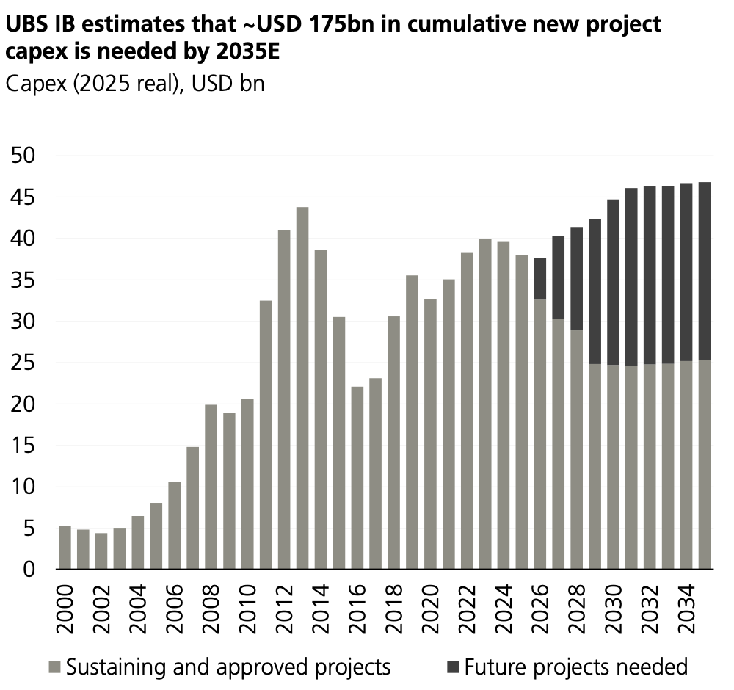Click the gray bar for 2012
pyautogui.click(x=284, y=399)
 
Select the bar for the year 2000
pyautogui.click(x=65, y=548)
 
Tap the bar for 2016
pyautogui.click(x=357, y=478)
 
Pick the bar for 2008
pyautogui.click(x=211, y=487)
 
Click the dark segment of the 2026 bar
pyautogui.click(x=540, y=279)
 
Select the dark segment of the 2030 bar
pyautogui.click(x=613, y=283)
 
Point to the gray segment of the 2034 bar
pyautogui.click(x=686, y=465)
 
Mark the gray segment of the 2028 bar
pyautogui.click(x=577, y=450)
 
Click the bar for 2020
pyautogui.click(x=430, y=435)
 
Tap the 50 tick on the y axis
pyautogui.click(x=23, y=156)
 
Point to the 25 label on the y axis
pyautogui.click(x=23, y=363)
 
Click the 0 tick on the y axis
pyautogui.click(x=29, y=570)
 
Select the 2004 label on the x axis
pyautogui.click(x=138, y=609)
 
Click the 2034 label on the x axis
pyautogui.click(x=687, y=609)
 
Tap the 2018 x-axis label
pyautogui.click(x=394, y=609)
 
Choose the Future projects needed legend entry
pyautogui.click(x=567, y=667)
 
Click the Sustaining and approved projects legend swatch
pyautogui.click(x=55, y=667)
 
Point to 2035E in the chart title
pyautogui.click(x=248, y=51)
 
